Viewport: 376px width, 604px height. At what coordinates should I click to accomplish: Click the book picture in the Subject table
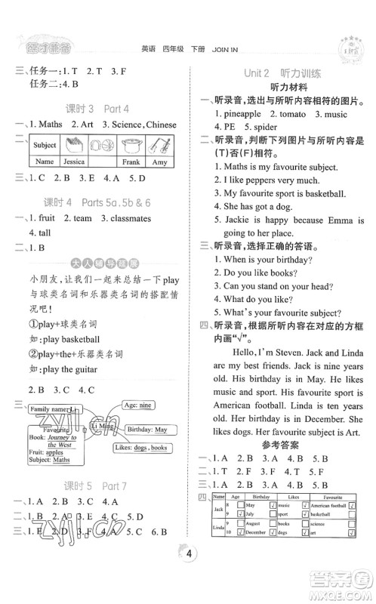click(73, 145)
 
